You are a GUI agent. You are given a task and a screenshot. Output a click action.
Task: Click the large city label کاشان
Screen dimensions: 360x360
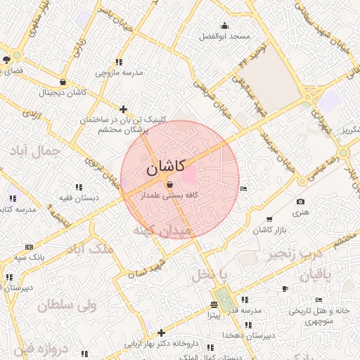166,167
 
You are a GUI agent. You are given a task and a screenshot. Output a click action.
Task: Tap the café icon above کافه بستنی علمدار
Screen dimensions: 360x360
169,185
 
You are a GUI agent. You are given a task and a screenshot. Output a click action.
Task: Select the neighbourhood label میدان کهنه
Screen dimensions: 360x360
162,230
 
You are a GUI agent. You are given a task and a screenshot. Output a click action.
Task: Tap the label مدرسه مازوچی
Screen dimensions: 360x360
119,72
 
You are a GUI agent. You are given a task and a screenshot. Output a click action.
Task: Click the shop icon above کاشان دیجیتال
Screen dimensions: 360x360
63,82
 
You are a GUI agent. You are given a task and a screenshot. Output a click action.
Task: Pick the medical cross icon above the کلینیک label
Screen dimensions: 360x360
124,109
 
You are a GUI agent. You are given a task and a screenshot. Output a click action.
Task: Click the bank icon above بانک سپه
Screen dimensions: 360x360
29,247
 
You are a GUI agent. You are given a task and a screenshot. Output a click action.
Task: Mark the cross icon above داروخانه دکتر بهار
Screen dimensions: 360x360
162,333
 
